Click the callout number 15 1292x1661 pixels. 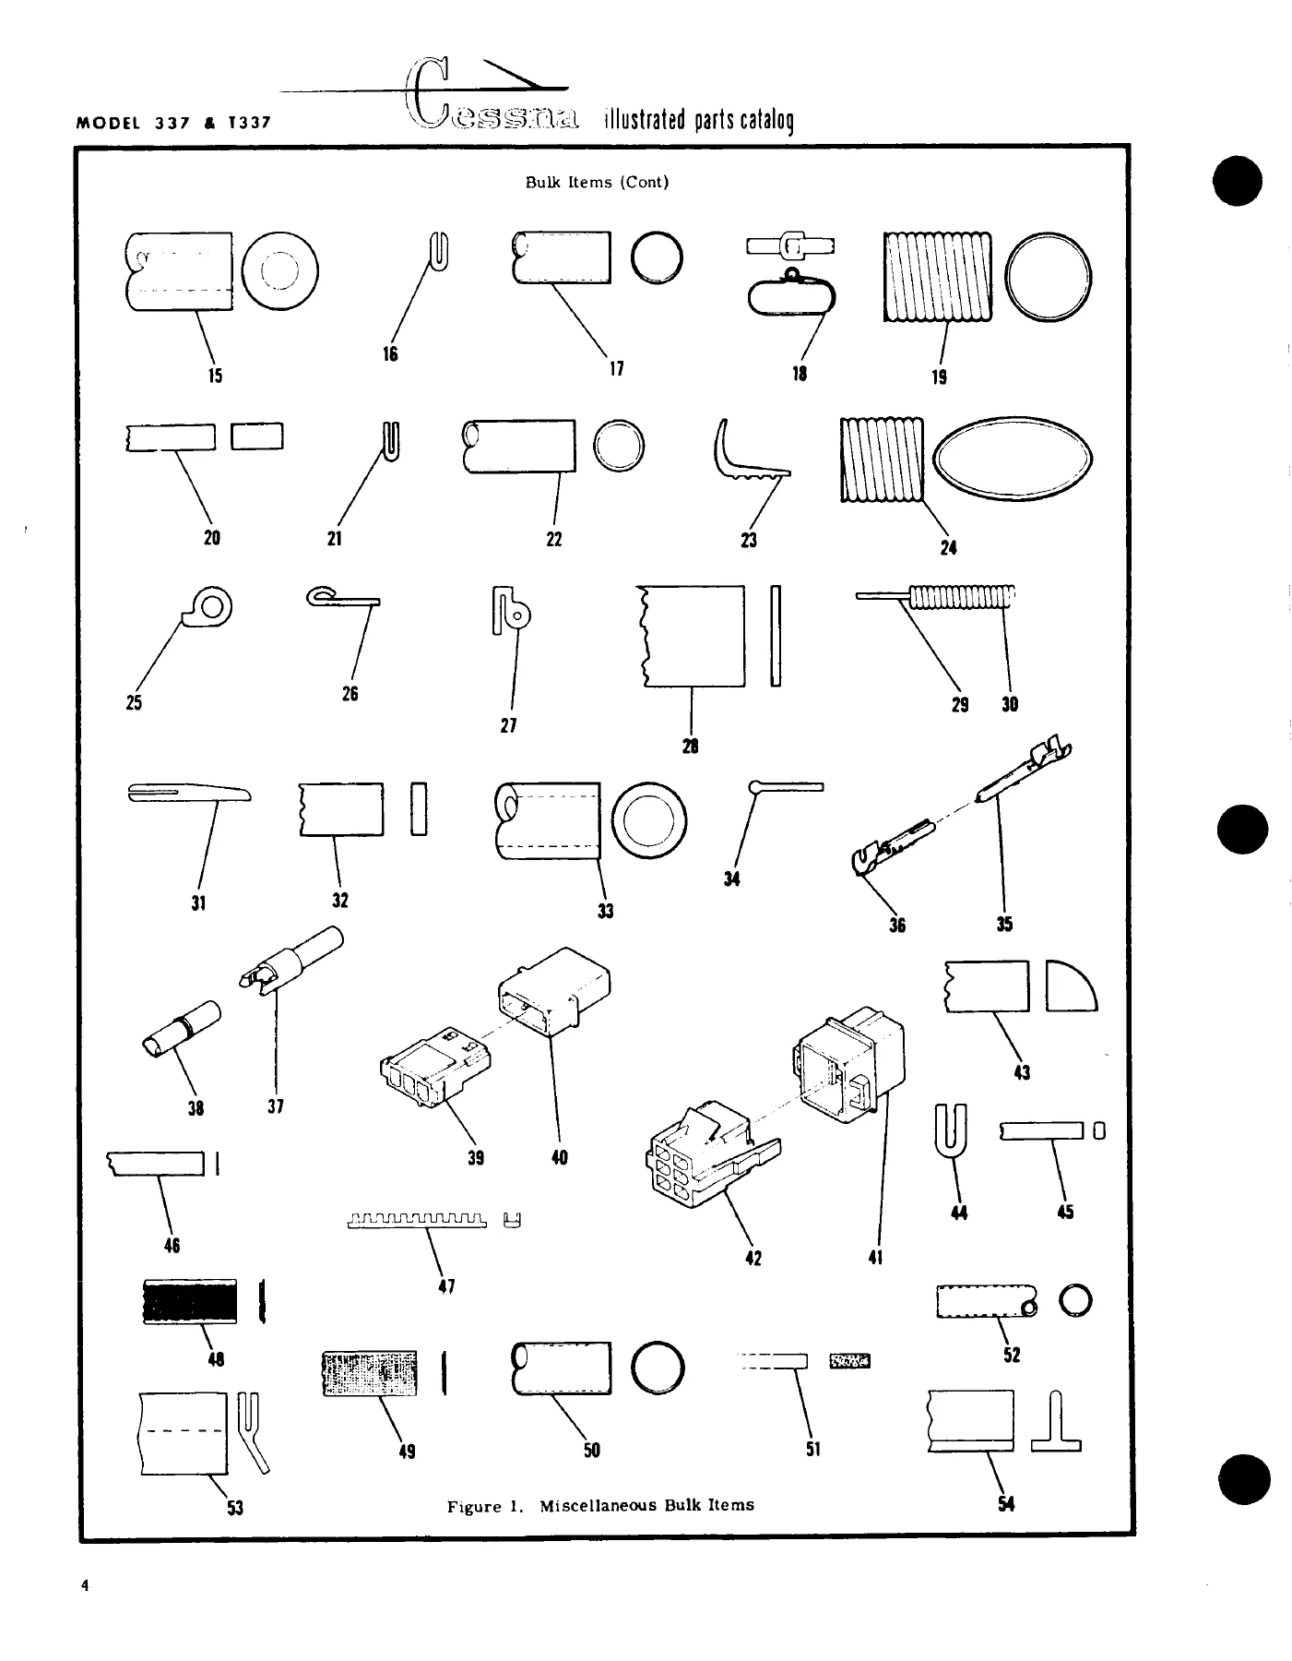click(x=215, y=376)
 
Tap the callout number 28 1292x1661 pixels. click(x=690, y=747)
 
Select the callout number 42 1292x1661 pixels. click(x=753, y=1258)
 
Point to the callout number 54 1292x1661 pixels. click(x=1006, y=1504)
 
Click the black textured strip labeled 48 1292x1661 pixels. click(x=190, y=1301)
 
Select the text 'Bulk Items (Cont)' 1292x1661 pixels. click(x=597, y=182)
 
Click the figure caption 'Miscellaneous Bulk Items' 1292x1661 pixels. click(x=646, y=1505)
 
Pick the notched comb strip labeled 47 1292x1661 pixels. click(x=418, y=1223)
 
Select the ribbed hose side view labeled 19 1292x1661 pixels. click(x=937, y=277)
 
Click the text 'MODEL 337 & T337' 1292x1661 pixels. click(x=174, y=121)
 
